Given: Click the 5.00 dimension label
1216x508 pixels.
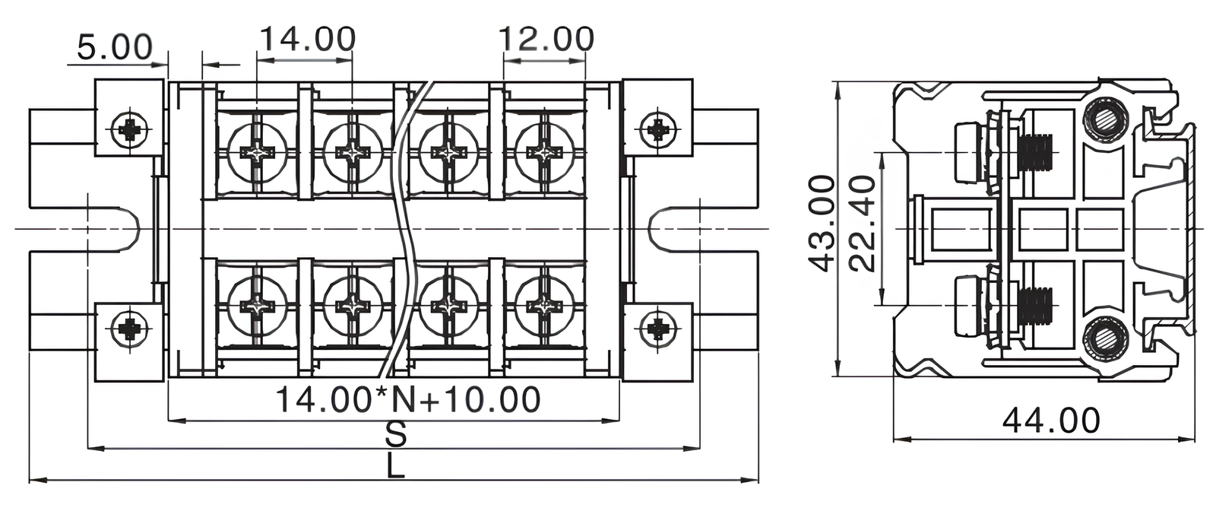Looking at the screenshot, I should (x=114, y=47).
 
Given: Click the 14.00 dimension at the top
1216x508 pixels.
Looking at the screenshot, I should (x=307, y=38).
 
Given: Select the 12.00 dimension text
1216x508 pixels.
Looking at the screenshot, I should (x=546, y=38).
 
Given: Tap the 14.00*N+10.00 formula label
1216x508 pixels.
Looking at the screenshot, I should (x=407, y=399).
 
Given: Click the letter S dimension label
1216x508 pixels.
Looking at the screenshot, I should (x=395, y=435).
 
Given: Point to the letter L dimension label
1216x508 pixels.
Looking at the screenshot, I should (x=394, y=466).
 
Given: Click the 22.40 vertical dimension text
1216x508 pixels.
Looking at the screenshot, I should (x=862, y=224).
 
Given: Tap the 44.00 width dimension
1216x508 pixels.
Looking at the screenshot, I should (x=1051, y=421).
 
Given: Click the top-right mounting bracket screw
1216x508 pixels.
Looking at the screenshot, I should (x=657, y=129).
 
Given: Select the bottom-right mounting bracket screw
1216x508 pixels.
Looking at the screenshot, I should (x=657, y=329).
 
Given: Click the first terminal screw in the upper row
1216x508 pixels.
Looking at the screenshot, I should (x=258, y=152).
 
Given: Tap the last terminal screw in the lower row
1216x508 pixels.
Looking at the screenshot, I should (x=544, y=306).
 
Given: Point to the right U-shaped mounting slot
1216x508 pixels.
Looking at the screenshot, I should (x=669, y=228).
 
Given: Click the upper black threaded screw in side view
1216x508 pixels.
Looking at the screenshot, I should (x=1035, y=153).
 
